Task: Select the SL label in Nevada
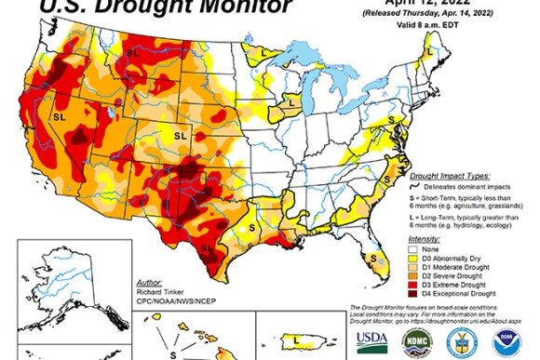59,118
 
